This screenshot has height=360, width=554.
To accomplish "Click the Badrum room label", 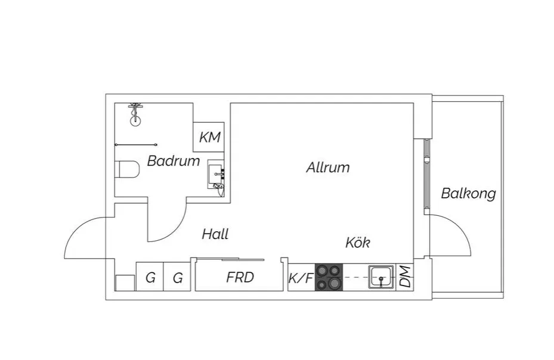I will click(174, 161).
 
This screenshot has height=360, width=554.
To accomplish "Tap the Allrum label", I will click(327, 167).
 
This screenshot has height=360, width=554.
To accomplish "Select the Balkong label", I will click(468, 194).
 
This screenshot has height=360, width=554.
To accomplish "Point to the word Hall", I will click(215, 234).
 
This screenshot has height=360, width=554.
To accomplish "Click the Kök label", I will click(358, 243).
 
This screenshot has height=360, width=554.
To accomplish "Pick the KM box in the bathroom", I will click(209, 137).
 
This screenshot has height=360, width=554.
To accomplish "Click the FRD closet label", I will click(240, 277).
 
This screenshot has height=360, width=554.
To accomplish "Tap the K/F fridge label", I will click(301, 278).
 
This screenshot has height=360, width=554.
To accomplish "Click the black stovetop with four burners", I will click(330, 278).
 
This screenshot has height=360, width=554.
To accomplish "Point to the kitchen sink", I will click(380, 277).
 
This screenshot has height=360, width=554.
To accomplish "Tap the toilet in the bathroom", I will click(126, 170).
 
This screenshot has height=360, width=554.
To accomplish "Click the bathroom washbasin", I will click(216, 175).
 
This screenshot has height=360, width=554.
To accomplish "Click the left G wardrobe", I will click(150, 278).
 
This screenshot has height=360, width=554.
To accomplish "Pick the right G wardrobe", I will click(177, 278).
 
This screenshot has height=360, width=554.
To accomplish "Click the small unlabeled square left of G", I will click(125, 283).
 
